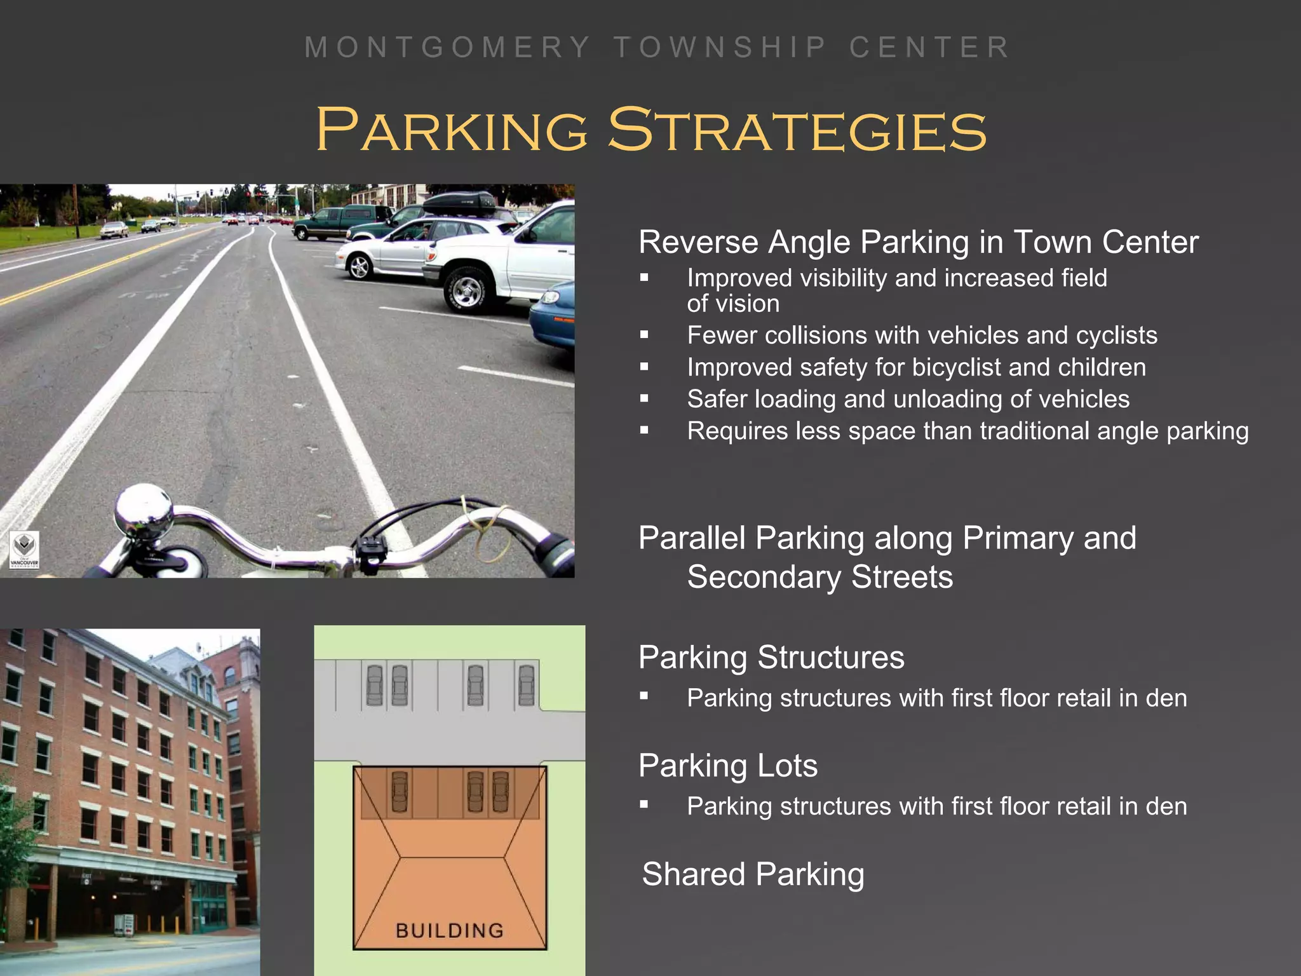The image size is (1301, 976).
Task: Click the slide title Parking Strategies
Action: pyautogui.click(x=651, y=130)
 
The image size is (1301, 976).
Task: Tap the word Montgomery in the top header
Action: pyautogui.click(x=447, y=48)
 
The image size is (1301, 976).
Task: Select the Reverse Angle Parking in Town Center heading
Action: pyautogui.click(x=918, y=242)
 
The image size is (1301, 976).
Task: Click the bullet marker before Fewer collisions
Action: pyautogui.click(x=644, y=335)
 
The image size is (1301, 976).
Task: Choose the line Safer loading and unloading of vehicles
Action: pyautogui.click(x=908, y=399)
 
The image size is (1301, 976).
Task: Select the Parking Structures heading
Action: pyautogui.click(x=771, y=657)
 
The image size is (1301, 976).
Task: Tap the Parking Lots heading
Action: pyautogui.click(x=728, y=765)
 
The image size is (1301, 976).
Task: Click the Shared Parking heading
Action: pyautogui.click(x=753, y=874)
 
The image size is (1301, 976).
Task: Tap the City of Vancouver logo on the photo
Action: pyautogui.click(x=25, y=550)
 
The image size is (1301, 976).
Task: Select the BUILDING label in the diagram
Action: pyautogui.click(x=449, y=931)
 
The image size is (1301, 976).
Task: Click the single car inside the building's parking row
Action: pyautogui.click(x=400, y=791)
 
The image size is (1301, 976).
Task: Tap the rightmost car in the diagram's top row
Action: pyautogui.click(x=527, y=684)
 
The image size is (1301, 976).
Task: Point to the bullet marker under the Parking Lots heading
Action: pyautogui.click(x=644, y=805)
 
